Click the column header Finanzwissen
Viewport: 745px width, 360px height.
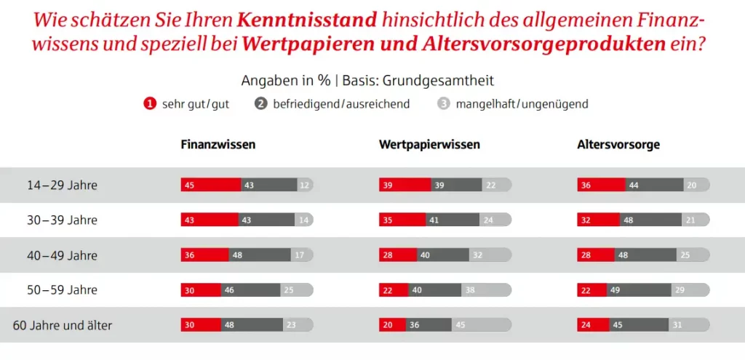(x=218, y=145)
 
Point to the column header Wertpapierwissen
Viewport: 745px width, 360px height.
(x=429, y=145)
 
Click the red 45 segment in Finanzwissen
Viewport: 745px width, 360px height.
(x=210, y=185)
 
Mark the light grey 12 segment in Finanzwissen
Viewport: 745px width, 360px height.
(x=306, y=185)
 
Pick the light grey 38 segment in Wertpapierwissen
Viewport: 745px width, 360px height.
(x=486, y=290)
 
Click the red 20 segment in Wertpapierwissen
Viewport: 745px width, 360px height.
(x=392, y=325)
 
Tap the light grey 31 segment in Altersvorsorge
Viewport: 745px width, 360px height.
(x=689, y=325)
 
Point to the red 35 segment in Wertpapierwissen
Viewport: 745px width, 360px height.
(x=402, y=220)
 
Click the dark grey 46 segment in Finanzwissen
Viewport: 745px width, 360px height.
(x=250, y=290)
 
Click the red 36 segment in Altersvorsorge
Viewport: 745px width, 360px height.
(x=600, y=185)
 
